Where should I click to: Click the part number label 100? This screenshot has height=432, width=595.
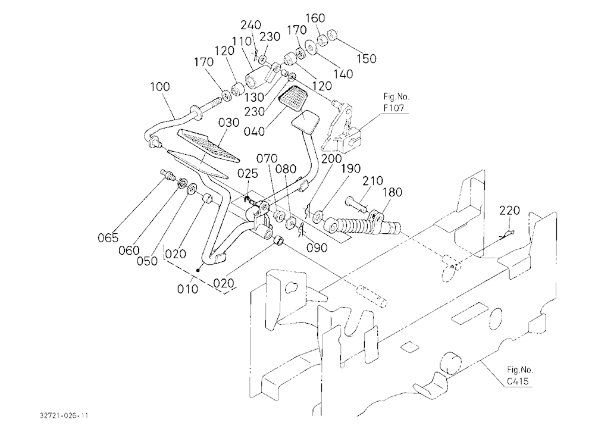160,87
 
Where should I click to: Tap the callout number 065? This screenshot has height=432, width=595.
108,238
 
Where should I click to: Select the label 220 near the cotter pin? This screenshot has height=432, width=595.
509,210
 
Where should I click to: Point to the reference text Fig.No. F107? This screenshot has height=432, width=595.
396,102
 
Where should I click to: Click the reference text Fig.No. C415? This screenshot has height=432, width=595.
519,375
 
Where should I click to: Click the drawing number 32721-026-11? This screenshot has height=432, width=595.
64,416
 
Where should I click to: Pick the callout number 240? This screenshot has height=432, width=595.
251,25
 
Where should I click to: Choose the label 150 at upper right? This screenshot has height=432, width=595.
366,58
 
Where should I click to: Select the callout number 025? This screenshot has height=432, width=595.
248,174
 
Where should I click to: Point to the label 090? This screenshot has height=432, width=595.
317,248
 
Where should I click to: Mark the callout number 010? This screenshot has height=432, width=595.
187,289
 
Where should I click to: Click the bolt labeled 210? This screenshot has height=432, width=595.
356,204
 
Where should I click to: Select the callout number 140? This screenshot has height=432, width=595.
343,74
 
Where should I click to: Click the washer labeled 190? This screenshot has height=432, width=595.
318,217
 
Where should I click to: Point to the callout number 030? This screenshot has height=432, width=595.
229,123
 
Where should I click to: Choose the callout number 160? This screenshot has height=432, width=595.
315,18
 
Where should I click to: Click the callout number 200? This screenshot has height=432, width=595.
331,159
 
